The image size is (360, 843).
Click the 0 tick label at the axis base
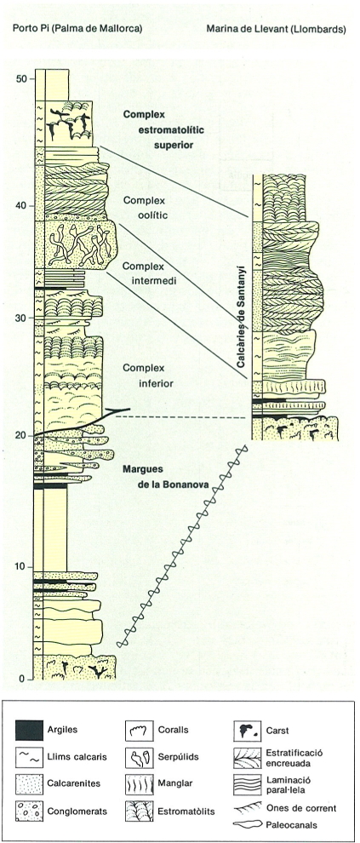[22, 679]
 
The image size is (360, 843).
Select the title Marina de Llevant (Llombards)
[276, 30]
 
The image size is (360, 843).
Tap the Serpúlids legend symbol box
[139, 757]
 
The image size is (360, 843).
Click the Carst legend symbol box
[248, 730]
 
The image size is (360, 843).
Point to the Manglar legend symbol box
[139, 784]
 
